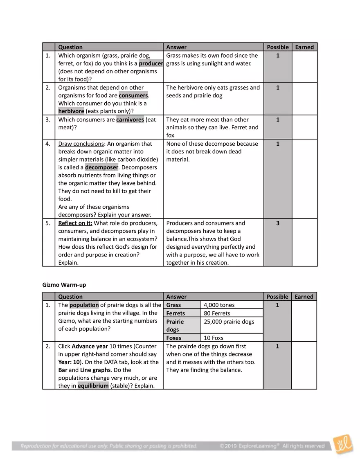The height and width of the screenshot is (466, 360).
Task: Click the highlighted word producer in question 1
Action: (x=151, y=63)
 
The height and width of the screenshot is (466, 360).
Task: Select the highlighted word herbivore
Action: (x=71, y=111)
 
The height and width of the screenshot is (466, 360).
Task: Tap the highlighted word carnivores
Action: (x=130, y=119)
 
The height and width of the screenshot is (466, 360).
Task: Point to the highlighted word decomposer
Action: (x=101, y=167)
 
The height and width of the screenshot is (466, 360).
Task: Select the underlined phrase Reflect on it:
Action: (x=75, y=223)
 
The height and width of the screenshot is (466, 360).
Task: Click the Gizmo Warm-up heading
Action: (x=64, y=285)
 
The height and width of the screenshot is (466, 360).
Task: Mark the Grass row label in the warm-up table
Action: (x=173, y=305)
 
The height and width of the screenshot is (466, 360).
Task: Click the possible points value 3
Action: (x=277, y=223)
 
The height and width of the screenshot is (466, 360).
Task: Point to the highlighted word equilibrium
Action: (x=93, y=386)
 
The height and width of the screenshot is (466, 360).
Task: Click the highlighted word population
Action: (x=84, y=305)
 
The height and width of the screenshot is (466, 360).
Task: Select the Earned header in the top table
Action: (x=304, y=47)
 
